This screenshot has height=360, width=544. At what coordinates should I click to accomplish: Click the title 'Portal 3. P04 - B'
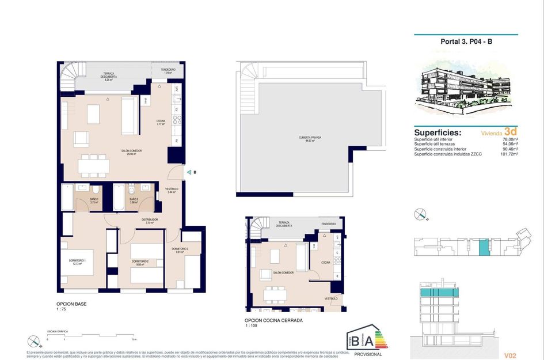coord(466,41)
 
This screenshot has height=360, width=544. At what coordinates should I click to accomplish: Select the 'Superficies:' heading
coord(438,132)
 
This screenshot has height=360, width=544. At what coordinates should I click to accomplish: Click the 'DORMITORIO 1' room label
coord(77,262)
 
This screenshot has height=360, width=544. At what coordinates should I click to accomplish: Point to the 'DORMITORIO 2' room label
coord(140,263)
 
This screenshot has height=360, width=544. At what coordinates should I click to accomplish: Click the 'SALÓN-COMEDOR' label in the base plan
coord(132,151)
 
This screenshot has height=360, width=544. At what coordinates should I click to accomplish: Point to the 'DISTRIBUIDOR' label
coord(150,220)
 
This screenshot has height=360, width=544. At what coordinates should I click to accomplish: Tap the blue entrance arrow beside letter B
coord(188,172)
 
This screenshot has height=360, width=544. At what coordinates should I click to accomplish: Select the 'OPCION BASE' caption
coord(71,304)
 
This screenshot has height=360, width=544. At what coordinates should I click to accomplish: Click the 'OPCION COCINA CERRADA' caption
coord(273,320)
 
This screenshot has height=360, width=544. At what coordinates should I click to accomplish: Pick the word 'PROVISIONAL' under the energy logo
coord(368,354)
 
